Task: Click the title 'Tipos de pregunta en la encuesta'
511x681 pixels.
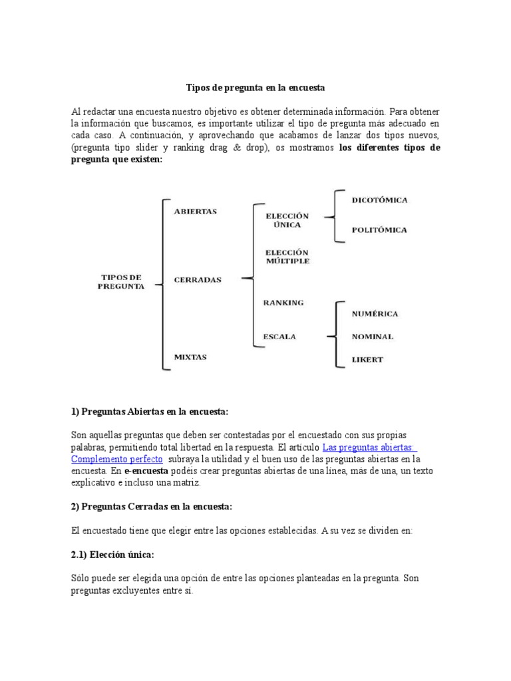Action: pos(255,88)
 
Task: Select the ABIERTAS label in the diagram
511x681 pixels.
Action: pos(195,211)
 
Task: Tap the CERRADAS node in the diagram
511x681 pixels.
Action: pos(198,280)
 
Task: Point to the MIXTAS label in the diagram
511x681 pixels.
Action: pos(190,357)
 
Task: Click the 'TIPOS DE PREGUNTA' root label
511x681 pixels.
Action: pos(120,281)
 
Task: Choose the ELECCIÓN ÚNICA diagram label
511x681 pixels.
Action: pos(287,221)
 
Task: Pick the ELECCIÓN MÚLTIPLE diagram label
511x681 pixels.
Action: pos(287,257)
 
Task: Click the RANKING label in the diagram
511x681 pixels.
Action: pos(283,303)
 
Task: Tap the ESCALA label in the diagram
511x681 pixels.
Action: pos(279,337)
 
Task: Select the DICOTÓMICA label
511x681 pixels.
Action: pos(379,200)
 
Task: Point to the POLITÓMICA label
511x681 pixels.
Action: pos(379,230)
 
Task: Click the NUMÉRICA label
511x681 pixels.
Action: pos(375,313)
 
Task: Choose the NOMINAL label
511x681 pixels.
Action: pos(372,337)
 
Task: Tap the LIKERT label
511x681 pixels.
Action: pos(367,360)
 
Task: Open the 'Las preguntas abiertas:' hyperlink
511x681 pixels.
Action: pos(369,448)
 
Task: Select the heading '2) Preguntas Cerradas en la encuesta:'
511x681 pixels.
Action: pos(151,507)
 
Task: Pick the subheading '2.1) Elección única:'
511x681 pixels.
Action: pos(112,555)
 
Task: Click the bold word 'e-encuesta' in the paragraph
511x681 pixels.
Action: pos(146,472)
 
